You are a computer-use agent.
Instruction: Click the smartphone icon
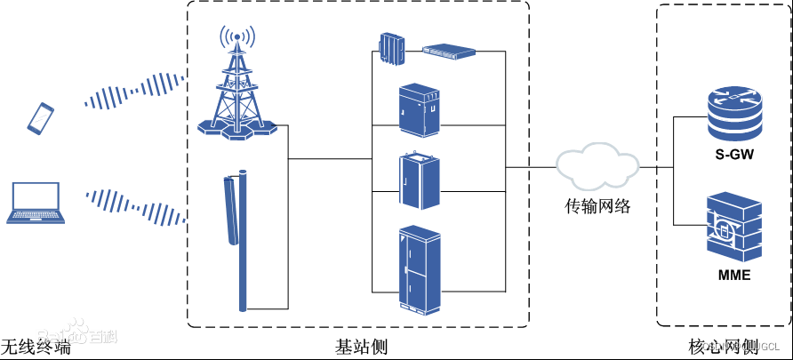[40, 118]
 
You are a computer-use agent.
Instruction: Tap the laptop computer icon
[36, 204]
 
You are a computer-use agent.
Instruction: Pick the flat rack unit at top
[448, 51]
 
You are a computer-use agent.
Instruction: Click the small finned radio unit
[391, 48]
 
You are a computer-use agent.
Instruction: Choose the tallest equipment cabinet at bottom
[419, 270]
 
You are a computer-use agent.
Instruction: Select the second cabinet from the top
[419, 109]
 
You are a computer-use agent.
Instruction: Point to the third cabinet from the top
[419, 180]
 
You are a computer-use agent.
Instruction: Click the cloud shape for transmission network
[597, 165]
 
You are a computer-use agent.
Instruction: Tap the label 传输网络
[598, 206]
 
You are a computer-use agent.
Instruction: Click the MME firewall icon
[734, 228]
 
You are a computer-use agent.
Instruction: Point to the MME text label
[734, 276]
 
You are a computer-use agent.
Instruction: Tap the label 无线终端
[36, 346]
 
